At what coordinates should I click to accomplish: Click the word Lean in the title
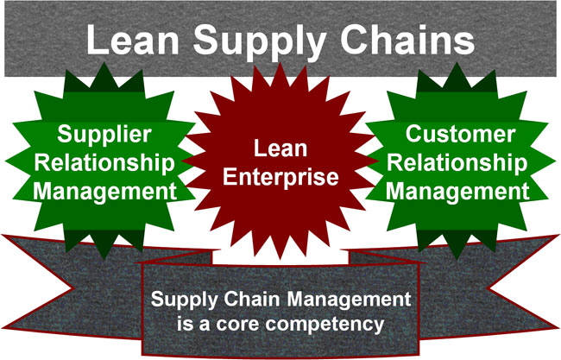click(x=133, y=39)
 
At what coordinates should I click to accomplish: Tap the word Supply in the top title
click(x=260, y=42)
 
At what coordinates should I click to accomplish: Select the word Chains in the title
click(x=407, y=39)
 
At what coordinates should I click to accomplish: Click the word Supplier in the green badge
click(x=104, y=135)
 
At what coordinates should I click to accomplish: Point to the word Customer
click(x=461, y=134)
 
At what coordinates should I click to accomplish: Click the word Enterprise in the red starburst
click(x=280, y=177)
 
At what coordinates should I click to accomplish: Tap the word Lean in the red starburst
click(x=280, y=148)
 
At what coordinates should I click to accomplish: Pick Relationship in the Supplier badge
click(x=104, y=163)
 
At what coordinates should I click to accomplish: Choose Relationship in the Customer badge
click(x=457, y=163)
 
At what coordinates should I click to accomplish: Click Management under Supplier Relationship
click(x=104, y=192)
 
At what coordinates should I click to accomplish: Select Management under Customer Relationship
click(x=457, y=192)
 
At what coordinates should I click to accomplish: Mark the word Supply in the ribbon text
click(x=184, y=300)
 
